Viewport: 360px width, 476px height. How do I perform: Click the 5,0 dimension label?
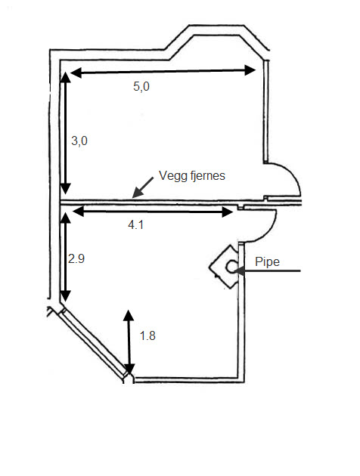(141, 87)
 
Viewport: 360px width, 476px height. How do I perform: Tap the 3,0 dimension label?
(79, 141)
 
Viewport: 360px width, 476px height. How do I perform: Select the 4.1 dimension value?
(135, 225)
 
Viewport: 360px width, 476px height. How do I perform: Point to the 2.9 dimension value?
(76, 258)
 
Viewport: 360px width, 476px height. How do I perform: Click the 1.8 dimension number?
(147, 335)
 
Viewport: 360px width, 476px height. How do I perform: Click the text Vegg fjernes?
(192, 176)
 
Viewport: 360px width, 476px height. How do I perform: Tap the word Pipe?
(267, 261)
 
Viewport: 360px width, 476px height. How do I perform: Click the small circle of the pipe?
(231, 267)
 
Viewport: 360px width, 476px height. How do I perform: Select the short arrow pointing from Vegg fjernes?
(143, 187)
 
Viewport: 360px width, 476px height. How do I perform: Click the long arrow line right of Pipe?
(267, 270)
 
